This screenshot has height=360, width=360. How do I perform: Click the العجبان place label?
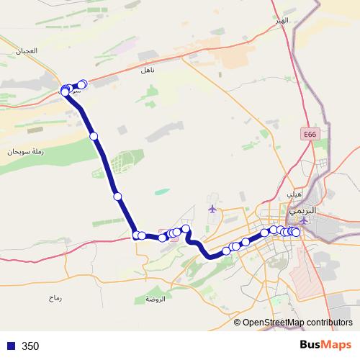(26, 50)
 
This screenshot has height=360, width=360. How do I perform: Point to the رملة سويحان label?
(26, 151)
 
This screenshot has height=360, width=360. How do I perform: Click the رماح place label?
(56, 297)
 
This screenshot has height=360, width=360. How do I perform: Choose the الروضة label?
(155, 299)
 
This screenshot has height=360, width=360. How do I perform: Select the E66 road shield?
(310, 134)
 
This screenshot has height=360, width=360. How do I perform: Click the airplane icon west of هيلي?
(212, 209)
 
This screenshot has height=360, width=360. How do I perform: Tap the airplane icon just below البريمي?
(304, 221)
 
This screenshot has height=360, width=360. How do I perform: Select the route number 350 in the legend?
(30, 346)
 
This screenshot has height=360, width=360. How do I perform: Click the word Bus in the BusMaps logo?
(311, 346)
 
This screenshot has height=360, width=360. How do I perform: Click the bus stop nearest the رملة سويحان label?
(94, 135)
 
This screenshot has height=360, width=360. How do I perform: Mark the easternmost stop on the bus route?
(296, 232)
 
